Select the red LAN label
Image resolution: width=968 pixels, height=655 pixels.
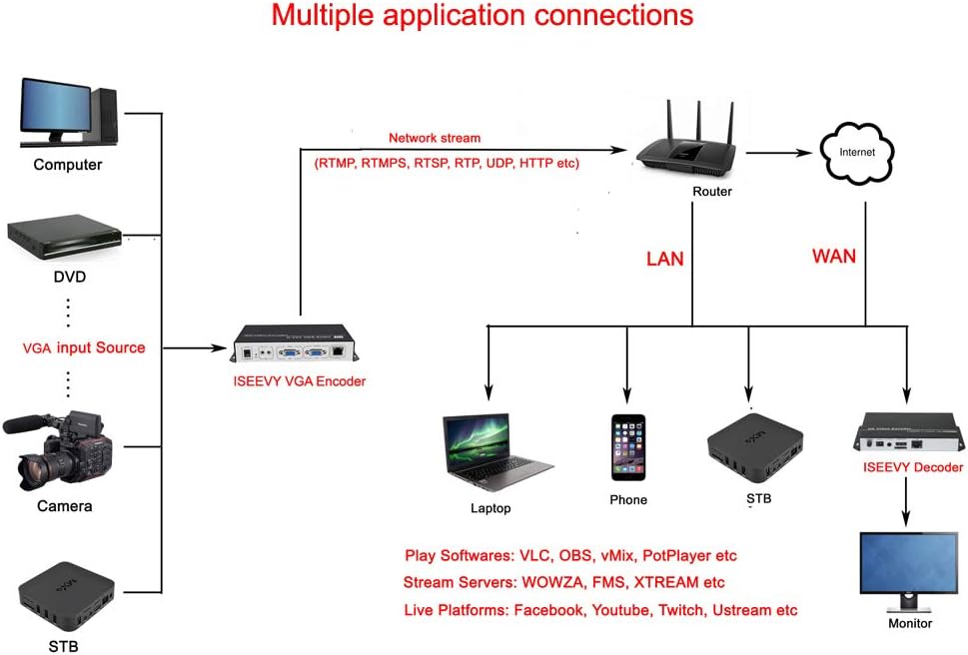pos(664,259)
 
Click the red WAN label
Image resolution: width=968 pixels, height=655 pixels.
pos(833,257)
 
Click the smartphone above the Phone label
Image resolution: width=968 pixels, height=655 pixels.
pos(628,447)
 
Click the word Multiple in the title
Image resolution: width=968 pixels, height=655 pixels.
pos(325,16)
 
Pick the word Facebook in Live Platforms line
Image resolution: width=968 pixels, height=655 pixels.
pos(548,610)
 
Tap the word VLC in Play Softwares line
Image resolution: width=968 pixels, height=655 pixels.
pos(527,555)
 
